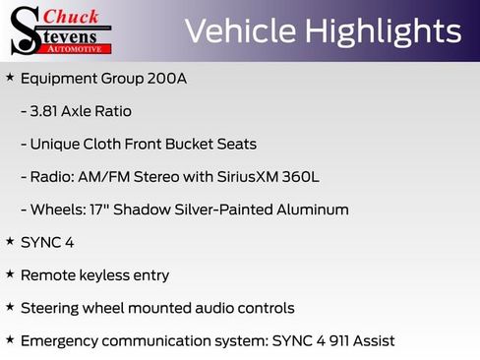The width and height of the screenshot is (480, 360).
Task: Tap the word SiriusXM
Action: click(246, 177)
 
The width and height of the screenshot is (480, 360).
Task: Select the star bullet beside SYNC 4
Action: click(10, 241)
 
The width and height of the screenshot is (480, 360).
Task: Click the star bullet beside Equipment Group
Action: click(10, 77)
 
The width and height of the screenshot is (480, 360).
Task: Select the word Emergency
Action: click(60, 340)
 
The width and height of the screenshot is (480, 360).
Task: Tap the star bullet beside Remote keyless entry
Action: click(10, 273)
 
